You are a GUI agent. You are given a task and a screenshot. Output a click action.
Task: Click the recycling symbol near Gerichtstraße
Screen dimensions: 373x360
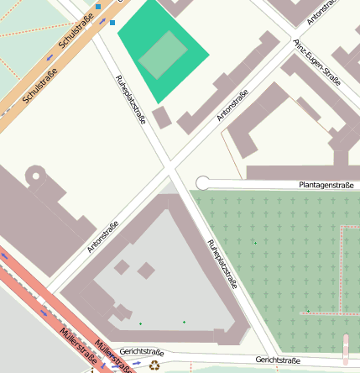154,365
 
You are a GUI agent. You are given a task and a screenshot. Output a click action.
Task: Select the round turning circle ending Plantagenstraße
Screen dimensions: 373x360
202,183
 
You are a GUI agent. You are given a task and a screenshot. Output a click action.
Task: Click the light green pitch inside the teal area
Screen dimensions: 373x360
163,55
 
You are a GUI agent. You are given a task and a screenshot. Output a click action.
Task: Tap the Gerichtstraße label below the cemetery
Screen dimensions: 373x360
278,360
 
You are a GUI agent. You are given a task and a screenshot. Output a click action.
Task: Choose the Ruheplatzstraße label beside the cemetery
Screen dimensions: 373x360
222,264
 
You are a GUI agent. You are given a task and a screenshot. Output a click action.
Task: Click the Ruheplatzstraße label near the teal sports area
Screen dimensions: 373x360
130,100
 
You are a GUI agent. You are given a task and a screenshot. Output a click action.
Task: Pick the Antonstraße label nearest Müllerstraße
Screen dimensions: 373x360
103,237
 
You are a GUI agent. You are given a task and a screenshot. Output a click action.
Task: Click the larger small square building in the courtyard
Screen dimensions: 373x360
146,271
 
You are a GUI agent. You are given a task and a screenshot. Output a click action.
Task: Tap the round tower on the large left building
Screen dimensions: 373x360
35,177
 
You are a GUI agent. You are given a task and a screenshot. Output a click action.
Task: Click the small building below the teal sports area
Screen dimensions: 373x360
161,117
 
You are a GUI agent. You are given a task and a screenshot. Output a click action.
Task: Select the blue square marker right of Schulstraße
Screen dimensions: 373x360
112,23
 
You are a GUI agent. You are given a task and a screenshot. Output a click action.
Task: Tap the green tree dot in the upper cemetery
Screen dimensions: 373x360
255,244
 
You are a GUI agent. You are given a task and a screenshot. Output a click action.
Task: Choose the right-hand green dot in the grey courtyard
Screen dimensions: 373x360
184,322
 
